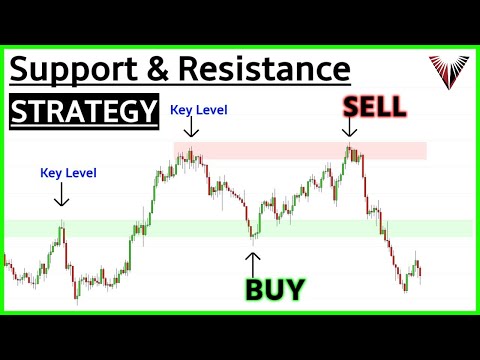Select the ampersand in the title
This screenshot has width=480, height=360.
point(148,70)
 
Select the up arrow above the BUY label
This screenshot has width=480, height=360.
point(253,262)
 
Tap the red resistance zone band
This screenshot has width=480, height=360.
point(300,151)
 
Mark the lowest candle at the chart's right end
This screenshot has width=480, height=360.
point(406,288)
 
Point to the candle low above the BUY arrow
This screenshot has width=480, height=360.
point(253,242)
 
